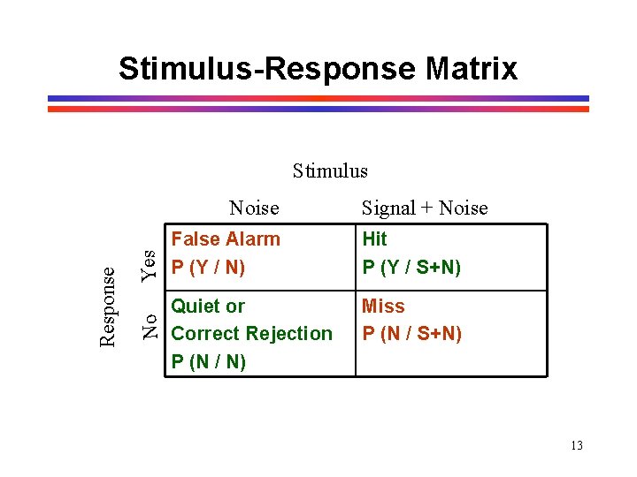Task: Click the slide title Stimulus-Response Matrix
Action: click(x=318, y=68)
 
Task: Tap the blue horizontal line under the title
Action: click(x=318, y=98)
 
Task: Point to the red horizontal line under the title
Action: click(x=318, y=109)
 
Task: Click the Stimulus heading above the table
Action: click(x=330, y=170)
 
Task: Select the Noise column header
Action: click(x=253, y=208)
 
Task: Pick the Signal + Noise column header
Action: click(x=424, y=208)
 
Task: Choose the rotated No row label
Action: click(x=150, y=325)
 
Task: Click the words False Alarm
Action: click(x=225, y=238)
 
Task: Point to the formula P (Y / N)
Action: click(x=208, y=267)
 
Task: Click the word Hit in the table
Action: click(x=374, y=238)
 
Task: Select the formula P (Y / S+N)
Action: click(x=411, y=267)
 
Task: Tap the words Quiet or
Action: click(x=208, y=307)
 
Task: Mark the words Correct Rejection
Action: click(x=251, y=334)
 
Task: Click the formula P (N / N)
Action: click(x=208, y=362)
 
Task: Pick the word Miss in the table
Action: click(x=383, y=307)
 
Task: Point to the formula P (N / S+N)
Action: click(x=411, y=334)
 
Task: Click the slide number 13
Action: click(x=576, y=445)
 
